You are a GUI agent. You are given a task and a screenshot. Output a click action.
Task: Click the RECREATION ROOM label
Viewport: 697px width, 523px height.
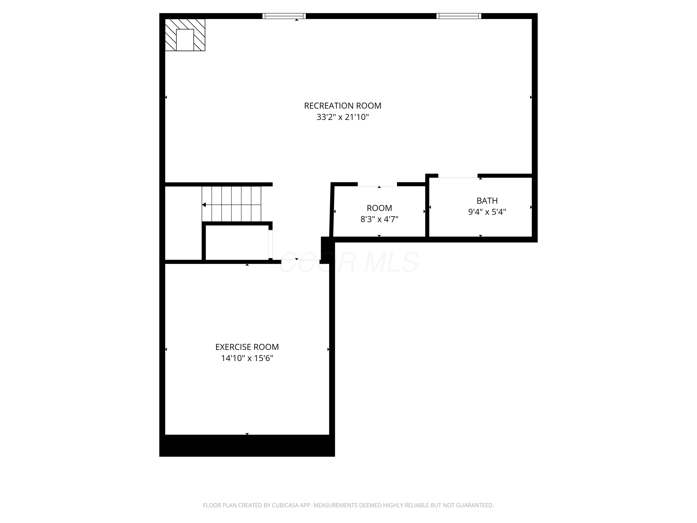pos(342,106)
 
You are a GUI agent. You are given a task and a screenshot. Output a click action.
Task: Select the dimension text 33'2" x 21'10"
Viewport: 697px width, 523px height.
pos(342,117)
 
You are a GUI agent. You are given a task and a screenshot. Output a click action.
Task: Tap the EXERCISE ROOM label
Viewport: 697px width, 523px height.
pos(247,347)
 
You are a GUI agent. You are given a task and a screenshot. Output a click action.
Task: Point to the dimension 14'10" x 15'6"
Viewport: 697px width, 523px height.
pos(247,358)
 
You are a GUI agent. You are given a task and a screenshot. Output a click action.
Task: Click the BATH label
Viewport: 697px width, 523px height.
pos(487,201)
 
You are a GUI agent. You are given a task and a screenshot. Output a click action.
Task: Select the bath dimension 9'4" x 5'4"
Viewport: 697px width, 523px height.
pos(487,212)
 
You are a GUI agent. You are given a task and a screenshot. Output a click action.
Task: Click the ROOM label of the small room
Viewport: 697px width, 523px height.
pos(379,208)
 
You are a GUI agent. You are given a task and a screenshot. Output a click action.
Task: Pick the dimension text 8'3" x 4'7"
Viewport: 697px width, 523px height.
pos(379,219)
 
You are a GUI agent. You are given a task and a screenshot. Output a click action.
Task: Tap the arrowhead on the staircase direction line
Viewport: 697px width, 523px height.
pos(204,205)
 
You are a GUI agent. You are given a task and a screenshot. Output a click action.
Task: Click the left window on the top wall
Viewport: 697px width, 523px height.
pos(284,16)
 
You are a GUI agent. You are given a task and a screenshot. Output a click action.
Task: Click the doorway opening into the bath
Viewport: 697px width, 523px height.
pos(457,176)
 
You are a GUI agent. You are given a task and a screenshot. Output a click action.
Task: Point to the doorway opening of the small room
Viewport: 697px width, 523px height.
pos(377,184)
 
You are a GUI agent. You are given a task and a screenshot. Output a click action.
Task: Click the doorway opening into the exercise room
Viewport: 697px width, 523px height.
pos(300,261)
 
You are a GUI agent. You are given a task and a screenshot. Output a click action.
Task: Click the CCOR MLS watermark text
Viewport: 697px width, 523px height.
pos(348,262)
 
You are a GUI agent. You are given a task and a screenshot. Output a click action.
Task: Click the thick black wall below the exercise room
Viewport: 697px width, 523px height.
pos(247,445)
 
